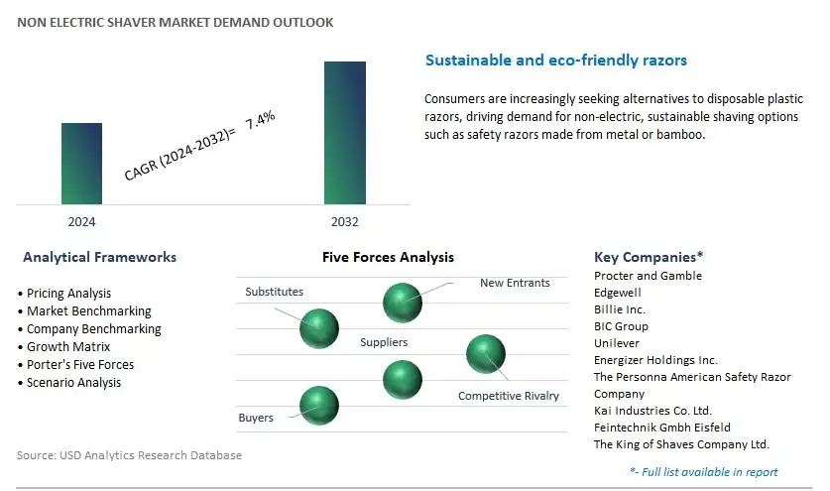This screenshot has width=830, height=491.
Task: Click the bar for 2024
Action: click(x=81, y=164)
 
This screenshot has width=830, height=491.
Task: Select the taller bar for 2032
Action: click(x=345, y=133)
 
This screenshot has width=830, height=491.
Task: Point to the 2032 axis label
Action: click(x=345, y=222)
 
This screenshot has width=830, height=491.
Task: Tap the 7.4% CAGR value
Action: click(x=260, y=119)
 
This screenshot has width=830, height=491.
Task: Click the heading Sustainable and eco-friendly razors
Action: click(x=555, y=60)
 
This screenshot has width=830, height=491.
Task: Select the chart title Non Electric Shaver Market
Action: click(x=176, y=22)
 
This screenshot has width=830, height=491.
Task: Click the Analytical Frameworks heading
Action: click(x=99, y=257)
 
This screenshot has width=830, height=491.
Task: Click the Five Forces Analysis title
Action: click(x=388, y=257)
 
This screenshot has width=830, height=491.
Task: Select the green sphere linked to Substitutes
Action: click(x=319, y=329)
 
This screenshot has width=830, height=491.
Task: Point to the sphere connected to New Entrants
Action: click(x=403, y=303)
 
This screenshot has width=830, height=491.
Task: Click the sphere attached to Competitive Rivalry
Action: click(x=486, y=354)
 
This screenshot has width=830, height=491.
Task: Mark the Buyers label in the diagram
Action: click(x=256, y=418)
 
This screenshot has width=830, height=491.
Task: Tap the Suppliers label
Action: click(x=384, y=342)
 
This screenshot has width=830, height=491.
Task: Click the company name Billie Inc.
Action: click(x=620, y=309)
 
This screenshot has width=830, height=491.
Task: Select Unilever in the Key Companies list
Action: click(x=617, y=343)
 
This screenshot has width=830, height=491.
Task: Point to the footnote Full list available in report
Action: click(x=704, y=472)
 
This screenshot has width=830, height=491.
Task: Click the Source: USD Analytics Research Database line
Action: click(x=129, y=455)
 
